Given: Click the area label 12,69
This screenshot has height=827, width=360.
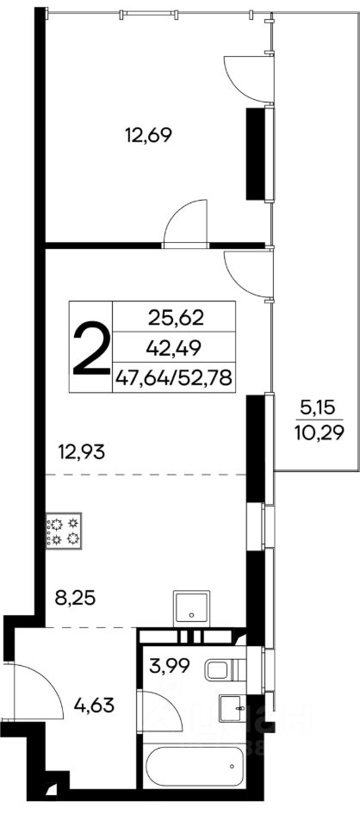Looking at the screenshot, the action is [x=149, y=136].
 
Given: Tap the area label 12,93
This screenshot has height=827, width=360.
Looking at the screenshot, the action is [x=82, y=451].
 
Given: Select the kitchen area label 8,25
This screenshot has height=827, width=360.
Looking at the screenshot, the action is [x=75, y=599].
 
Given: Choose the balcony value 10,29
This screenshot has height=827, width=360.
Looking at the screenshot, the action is [x=319, y=433].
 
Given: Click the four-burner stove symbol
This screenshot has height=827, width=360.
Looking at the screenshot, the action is [x=63, y=531].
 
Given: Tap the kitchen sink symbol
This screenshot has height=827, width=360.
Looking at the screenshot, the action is [x=191, y=608].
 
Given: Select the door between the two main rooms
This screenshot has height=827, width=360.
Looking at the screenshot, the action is [x=185, y=223].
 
